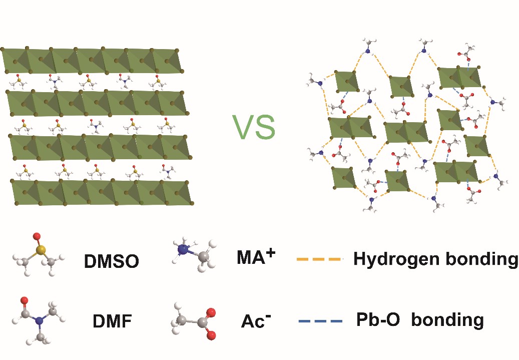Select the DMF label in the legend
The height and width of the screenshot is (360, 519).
tap(112, 320)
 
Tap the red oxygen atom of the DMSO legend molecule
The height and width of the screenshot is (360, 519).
tap(36, 235)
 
